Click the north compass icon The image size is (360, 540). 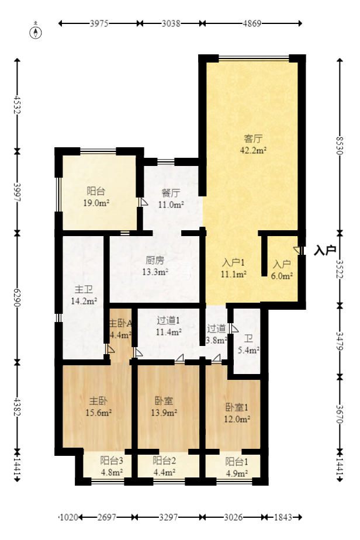(x=36, y=31)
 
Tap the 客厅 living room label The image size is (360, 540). (x=253, y=139)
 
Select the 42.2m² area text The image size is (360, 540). (x=253, y=150)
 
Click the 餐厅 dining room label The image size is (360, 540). (x=171, y=193)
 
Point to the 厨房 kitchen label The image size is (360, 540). (x=155, y=260)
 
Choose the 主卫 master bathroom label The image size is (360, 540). (x=84, y=290)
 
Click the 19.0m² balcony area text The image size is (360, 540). (x=96, y=203)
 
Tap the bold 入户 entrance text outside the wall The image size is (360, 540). (x=324, y=250)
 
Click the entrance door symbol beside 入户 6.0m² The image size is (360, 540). (x=299, y=250)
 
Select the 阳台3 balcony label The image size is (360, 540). (x=112, y=460)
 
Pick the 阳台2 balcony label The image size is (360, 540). (x=164, y=460)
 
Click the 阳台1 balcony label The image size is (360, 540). (x=237, y=461)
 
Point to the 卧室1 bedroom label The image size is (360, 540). (x=237, y=407)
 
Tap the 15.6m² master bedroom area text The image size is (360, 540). (x=99, y=412)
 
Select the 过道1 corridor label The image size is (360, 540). (x=168, y=320)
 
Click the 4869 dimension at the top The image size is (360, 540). (x=252, y=23)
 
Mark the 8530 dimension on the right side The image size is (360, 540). (x=340, y=146)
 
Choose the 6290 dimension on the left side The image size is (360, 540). (x=17, y=297)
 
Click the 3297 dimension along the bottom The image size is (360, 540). (x=168, y=517)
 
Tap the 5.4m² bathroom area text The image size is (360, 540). (x=248, y=350)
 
